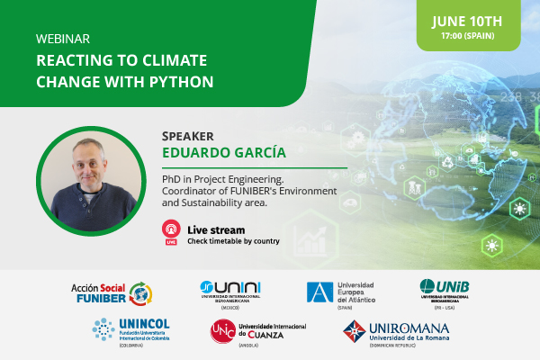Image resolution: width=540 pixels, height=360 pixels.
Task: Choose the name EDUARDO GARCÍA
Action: coord(224,151)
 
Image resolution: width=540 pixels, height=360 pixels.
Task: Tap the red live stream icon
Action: coord(170,231)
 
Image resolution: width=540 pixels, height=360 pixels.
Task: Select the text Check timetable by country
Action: coord(233,240)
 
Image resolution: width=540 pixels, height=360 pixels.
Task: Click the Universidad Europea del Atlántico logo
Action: coord(341,292)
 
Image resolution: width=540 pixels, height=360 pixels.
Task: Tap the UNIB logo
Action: coord(450,290)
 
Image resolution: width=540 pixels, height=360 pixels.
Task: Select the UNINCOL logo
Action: coord(135,329)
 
